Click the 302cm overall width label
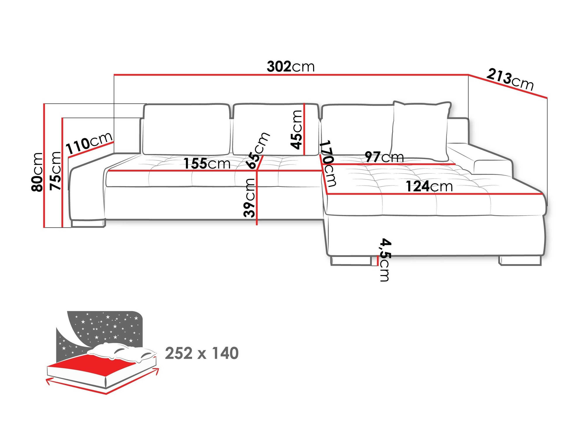pyautogui.click(x=291, y=67)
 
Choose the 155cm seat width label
pyautogui.click(x=207, y=164)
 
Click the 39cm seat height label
pyautogui.click(x=249, y=198)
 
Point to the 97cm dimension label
pyautogui.click(x=384, y=157)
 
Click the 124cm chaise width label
pyautogui.click(x=429, y=186)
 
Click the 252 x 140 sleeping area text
pyautogui.click(x=202, y=353)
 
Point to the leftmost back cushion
pyautogui.click(x=186, y=130)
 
